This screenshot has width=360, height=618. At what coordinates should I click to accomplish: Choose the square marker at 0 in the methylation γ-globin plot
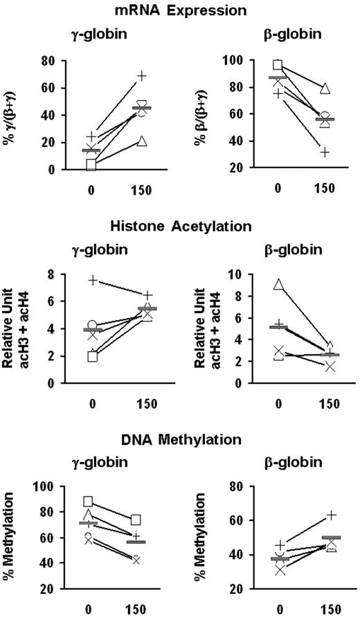click(89, 501)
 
